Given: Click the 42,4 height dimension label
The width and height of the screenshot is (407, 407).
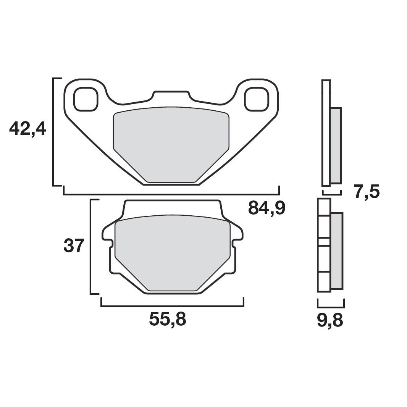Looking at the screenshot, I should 27,129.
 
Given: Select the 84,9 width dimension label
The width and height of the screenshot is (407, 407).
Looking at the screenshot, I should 266,208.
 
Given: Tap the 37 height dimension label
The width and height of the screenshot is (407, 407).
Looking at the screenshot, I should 73,246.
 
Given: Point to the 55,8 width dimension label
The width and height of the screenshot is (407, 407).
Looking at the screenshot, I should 168,320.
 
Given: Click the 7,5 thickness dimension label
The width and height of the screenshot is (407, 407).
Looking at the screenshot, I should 367,192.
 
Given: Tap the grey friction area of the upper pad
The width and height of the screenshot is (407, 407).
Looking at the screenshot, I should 171,141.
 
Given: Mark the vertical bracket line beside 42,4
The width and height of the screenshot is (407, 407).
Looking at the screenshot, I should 53,132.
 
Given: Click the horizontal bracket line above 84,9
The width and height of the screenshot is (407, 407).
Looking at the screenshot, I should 171,194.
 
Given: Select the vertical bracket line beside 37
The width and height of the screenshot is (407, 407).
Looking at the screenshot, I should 90,247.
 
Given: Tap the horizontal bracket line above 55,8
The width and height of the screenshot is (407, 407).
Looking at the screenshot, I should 172,306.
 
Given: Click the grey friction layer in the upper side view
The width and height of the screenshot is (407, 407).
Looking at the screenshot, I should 336,145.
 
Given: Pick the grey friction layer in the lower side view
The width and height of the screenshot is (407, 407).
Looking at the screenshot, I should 337,251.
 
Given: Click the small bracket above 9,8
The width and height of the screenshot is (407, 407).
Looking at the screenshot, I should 332,306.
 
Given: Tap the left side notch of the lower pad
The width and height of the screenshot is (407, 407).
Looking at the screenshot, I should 108,243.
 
